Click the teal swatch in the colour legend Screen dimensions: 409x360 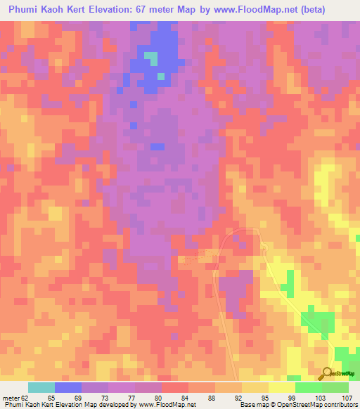point(41,387)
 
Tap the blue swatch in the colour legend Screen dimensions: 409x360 point(68,387)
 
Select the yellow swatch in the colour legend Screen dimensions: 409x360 point(282,387)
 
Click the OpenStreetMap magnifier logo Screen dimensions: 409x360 point(326,373)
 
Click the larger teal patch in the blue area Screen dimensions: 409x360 point(151,56)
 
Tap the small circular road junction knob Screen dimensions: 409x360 point(262,245)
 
